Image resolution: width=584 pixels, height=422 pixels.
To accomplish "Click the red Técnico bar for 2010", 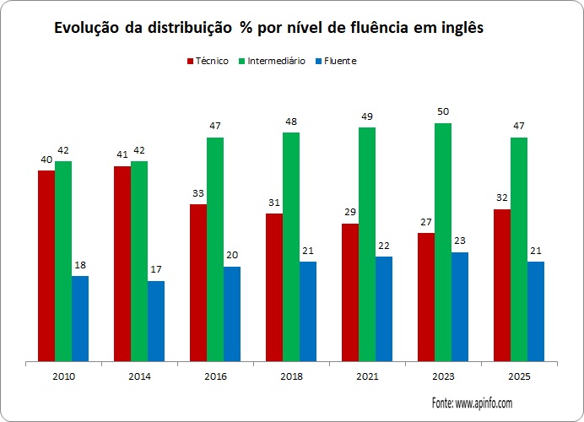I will coord(46,266).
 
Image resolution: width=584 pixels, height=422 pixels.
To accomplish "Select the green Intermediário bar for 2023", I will coord(443,242).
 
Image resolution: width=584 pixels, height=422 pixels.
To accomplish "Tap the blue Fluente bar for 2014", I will coord(156,321).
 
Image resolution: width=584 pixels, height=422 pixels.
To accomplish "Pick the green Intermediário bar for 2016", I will coord(215,249).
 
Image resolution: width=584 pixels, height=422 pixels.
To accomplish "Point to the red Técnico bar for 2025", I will coord(502,285).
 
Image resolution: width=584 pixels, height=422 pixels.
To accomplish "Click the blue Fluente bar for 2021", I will coord(384,309).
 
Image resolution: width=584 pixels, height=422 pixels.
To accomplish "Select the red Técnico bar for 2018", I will coord(274,287).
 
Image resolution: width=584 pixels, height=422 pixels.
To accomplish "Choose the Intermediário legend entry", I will coord(270,61).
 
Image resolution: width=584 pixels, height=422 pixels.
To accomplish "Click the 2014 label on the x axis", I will coord(139,376).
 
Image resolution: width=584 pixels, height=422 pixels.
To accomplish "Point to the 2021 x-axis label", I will coord(367,376).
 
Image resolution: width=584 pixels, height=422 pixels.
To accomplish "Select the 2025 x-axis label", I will coord(519,376).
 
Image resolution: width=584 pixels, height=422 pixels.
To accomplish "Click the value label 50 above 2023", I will coord(443,112).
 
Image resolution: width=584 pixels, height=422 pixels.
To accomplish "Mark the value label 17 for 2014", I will coord(156,270).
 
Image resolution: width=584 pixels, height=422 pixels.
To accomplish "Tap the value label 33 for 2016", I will coord(198,193).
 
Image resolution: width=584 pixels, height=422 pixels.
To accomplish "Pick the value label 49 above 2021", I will coord(367,116).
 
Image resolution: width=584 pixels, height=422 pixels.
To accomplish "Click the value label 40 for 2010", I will coord(46,160).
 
